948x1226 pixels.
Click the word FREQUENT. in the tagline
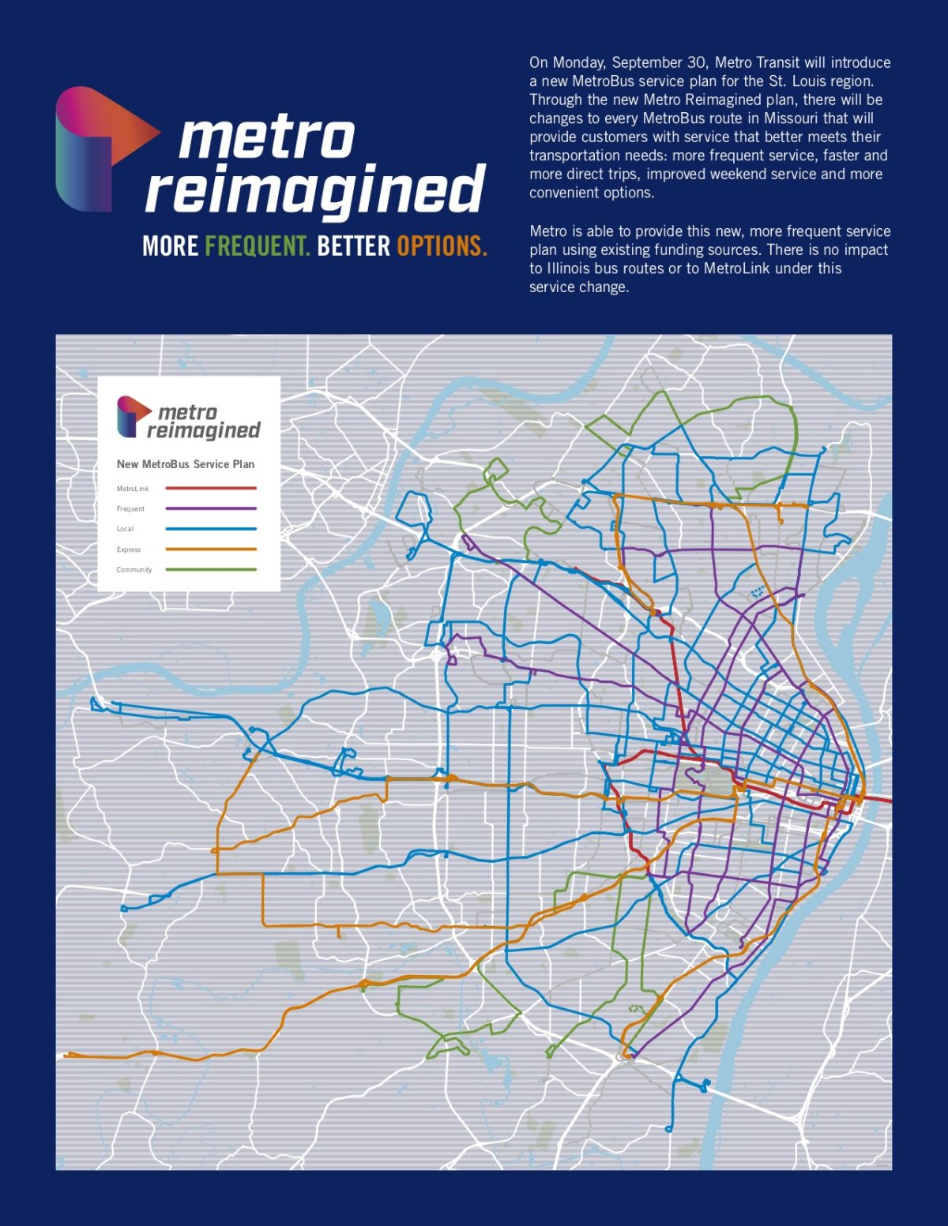pos(258,246)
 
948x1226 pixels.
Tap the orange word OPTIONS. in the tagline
pos(442,246)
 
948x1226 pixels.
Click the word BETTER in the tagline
pos(353,246)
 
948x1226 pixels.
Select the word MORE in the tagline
pos(171,246)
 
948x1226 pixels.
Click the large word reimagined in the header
pos(314,189)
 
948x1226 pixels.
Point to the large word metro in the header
pos(266,138)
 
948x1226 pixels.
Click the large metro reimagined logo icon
pos(103,148)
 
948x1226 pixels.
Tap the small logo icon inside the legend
pos(133,416)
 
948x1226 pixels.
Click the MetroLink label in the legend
pos(133,489)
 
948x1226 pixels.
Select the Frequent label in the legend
pos(130,509)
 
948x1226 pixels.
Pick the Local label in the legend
pos(125,529)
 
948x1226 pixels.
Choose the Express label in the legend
pos(129,549)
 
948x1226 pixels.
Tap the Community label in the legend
pos(134,570)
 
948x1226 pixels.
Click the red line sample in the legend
pos(211,489)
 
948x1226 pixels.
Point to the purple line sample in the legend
pos(211,509)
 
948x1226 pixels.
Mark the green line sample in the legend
pos(211,569)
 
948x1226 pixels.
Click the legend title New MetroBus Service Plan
pos(186,464)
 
